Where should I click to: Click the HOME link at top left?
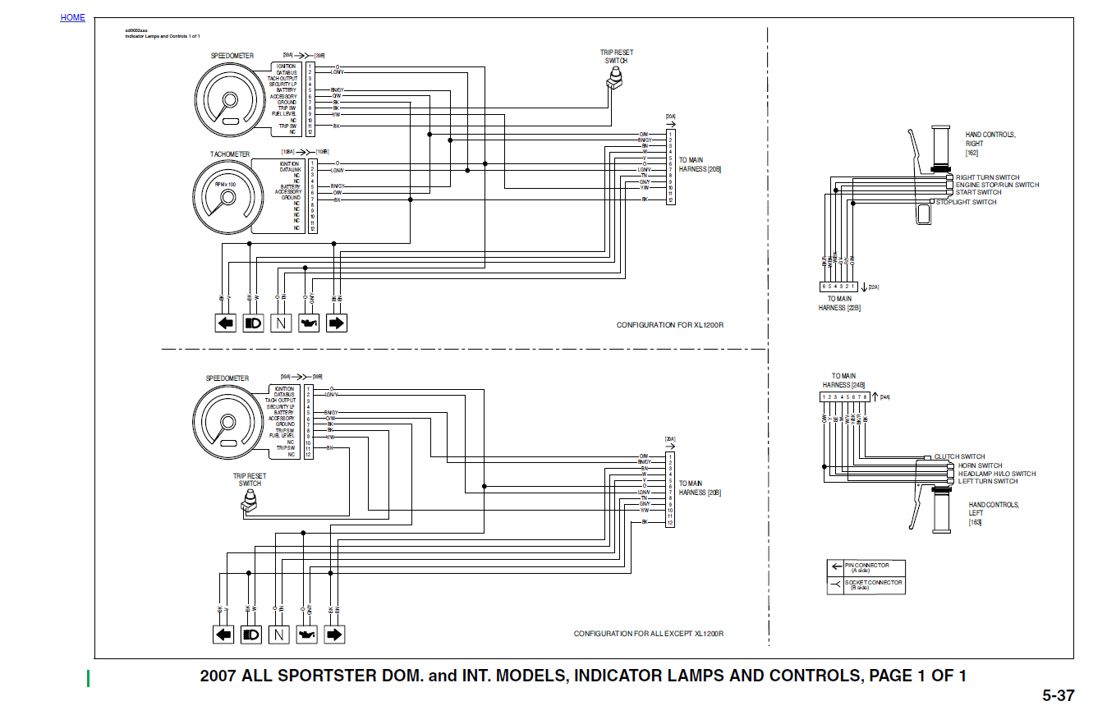click(72, 17)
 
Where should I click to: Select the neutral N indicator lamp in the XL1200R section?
click(281, 323)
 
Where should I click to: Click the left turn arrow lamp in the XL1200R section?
click(226, 323)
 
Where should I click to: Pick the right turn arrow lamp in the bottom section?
click(334, 635)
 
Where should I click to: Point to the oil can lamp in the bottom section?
click(307, 635)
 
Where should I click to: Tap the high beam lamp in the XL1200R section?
click(253, 323)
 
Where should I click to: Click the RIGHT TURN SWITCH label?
click(987, 177)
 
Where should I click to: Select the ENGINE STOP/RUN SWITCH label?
click(997, 185)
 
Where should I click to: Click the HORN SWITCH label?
click(980, 465)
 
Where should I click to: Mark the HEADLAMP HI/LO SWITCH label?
click(996, 474)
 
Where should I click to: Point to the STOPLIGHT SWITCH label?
click(967, 202)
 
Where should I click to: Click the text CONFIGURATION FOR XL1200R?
click(669, 325)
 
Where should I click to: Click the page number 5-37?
click(1058, 696)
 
